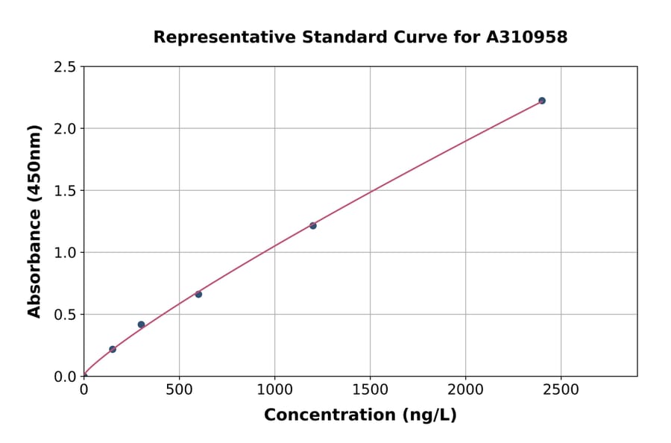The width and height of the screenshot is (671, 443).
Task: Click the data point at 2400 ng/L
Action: pos(542,101)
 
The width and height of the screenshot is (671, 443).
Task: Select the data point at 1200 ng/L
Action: pos(313,225)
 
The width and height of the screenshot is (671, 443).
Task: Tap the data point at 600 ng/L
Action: pos(198,294)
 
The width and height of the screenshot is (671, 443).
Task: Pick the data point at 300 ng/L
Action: pos(141,324)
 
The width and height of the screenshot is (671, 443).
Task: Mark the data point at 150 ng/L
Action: pos(113,349)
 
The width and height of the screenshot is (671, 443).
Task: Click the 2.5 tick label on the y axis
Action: pos(65,67)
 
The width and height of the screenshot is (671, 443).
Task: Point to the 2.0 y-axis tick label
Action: pos(65,129)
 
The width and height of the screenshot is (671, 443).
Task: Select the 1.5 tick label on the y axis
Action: pos(65,191)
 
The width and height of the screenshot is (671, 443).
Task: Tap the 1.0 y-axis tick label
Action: pos(65,253)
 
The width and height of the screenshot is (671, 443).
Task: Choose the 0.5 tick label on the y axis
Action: pos(65,315)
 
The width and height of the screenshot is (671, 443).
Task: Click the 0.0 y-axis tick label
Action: pos(65,377)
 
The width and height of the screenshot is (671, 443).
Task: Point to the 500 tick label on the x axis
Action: pos(179,389)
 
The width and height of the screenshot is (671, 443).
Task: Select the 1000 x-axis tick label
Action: pos(274,389)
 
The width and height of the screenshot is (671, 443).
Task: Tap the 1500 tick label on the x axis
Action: pos(370,389)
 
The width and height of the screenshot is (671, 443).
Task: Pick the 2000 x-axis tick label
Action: pos(465,389)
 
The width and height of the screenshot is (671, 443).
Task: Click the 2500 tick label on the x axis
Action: pos(561,389)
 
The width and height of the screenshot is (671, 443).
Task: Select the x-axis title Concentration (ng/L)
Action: pos(360,415)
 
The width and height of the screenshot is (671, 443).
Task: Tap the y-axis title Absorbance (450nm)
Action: pos(34,221)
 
